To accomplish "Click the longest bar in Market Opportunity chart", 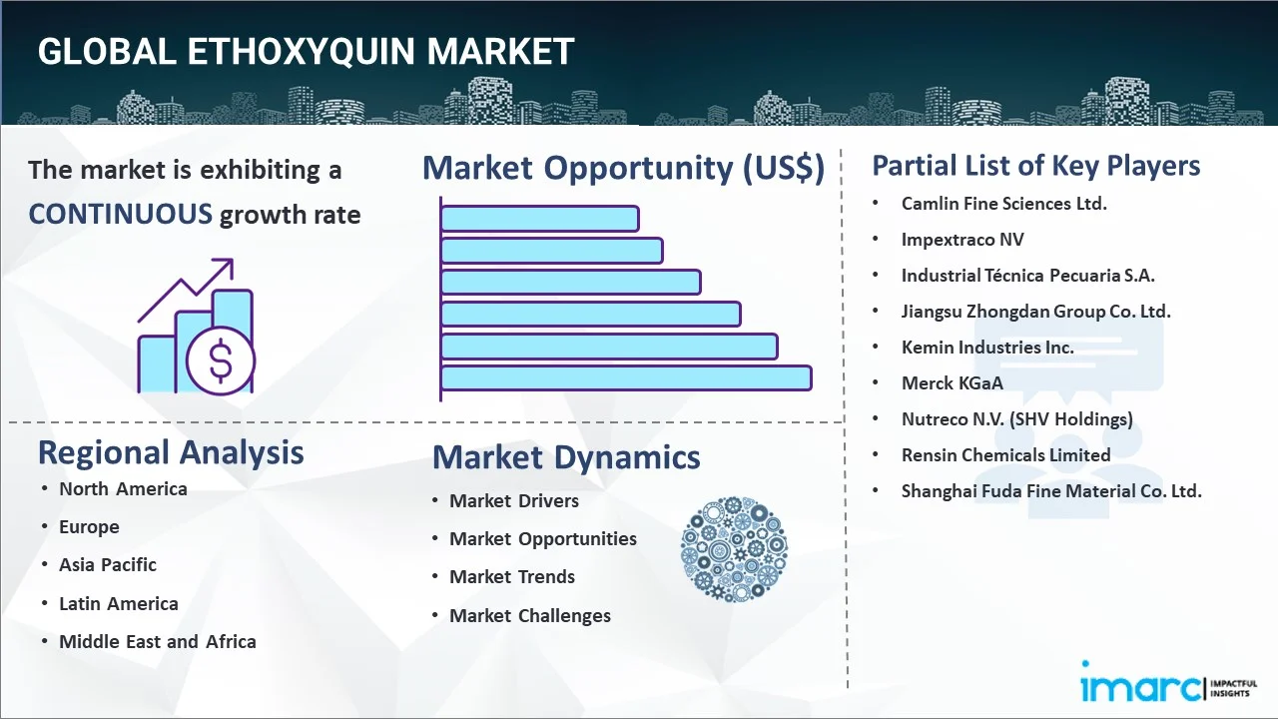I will pos(626,378).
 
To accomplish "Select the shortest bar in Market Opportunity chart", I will pos(539,218).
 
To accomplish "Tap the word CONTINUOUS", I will pos(120,214).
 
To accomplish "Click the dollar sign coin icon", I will pos(221,361).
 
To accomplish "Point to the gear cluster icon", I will pos(734,549).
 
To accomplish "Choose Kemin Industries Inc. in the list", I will pos(987,348).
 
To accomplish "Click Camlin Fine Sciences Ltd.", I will pos(1003,204).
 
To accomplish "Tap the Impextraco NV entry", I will pos(961,240).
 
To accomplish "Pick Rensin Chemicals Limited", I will pos(1005,455).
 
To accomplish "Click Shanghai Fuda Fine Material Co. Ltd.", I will pos(1051,491).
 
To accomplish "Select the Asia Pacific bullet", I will pos(108,565).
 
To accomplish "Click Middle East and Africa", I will pos(158,642).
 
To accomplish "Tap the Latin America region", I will pos(118,604).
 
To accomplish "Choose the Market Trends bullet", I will pos(512,577).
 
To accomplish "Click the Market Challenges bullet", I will pos(530,616).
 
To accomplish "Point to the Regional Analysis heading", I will pos(171,452).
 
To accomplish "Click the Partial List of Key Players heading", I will pos(1036,166).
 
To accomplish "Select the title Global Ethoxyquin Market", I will pos(306,52).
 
